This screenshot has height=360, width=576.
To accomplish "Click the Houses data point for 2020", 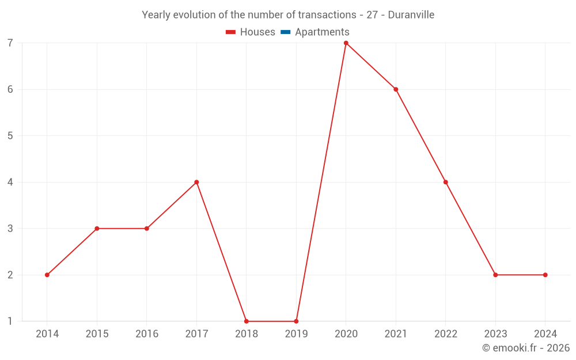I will point(346,43).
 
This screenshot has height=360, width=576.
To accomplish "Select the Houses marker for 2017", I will point(196,182).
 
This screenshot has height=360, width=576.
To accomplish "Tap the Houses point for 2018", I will point(247,321).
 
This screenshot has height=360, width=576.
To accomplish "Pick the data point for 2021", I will point(396,89).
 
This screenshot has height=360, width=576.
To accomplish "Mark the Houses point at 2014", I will point(47,275).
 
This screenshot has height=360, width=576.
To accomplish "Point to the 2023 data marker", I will point(495,275).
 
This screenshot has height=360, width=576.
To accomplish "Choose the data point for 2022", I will point(445,182).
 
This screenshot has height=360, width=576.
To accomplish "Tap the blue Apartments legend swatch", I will point(286,32).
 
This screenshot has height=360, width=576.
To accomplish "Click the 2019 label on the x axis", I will point(296,334).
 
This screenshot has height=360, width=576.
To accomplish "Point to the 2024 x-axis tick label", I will point(545,334).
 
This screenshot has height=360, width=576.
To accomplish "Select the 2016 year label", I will point(147,334).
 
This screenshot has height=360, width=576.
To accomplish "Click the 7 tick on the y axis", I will point(10,43).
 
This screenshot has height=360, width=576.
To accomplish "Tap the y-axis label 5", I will point(10,136).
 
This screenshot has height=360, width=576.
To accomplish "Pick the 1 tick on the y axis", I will point(10,321).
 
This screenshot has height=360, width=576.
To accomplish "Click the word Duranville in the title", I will point(411,14).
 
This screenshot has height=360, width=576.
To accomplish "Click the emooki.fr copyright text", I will point(526,348).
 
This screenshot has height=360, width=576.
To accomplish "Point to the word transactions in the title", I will point(327,14).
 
